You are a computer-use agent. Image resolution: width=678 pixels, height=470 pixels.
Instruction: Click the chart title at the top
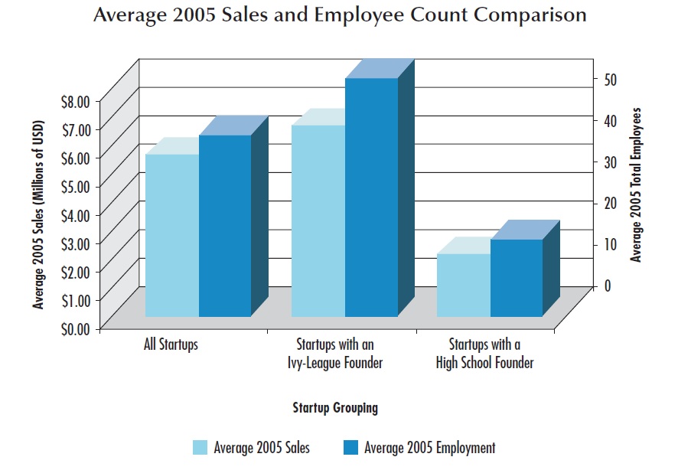pos(340,15)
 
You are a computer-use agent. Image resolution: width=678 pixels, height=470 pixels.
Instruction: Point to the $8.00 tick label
pos(73,100)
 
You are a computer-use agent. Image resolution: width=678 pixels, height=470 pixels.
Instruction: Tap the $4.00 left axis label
pos(73,214)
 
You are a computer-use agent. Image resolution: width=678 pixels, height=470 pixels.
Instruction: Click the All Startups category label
pos(171,344)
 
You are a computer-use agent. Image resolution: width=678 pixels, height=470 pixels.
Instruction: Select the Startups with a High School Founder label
pos(484,353)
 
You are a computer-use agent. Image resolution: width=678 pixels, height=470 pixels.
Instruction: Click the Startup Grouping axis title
pos(335,408)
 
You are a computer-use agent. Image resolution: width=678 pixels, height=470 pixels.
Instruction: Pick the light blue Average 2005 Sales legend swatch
pos(200,448)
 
